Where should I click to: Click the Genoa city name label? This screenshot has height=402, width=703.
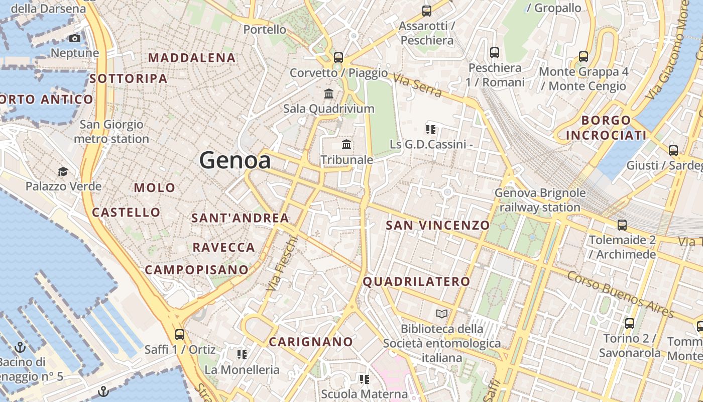coord(235,161)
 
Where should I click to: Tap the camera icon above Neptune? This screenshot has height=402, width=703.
coord(75,39)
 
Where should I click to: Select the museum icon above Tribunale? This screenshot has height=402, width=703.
coord(346,145)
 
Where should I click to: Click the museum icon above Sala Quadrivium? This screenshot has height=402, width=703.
coord(329,93)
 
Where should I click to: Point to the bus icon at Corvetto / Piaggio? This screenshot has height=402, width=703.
coord(338,58)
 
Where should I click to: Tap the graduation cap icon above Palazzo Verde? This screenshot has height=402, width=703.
coord(63,172)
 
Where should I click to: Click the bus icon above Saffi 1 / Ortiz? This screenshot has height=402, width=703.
coord(179,335)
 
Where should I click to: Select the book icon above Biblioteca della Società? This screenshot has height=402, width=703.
coord(442,314)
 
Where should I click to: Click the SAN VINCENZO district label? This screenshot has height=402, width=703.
coord(437,225)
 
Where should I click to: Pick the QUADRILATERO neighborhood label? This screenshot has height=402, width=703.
coord(416,282)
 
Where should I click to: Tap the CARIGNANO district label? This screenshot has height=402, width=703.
coord(311,342)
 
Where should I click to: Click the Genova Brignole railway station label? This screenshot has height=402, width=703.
coord(540,200)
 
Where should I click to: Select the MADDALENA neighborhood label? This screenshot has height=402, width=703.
coord(192,58)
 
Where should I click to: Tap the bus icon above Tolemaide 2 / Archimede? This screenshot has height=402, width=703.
coord(622,225)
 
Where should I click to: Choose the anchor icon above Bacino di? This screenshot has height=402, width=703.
coord(20,347)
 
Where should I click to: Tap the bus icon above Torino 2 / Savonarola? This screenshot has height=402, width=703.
coord(630,324)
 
